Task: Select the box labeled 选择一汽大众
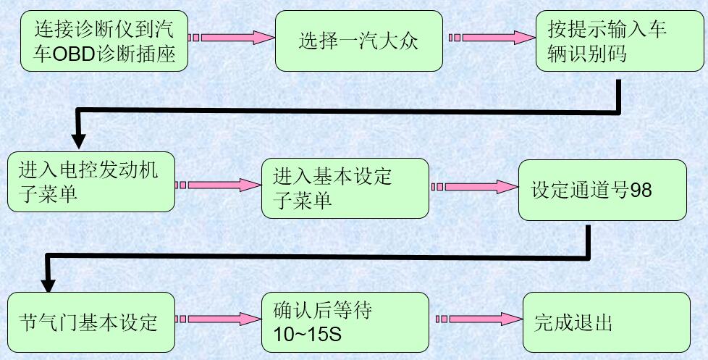pos(358,41)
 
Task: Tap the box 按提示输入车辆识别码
pos(611,41)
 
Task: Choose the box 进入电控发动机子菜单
pos(90,181)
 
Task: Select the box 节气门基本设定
pos(90,322)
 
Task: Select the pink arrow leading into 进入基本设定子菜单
pos(217,185)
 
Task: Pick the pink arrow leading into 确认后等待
pos(217,319)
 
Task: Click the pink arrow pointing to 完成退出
pos(478,319)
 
